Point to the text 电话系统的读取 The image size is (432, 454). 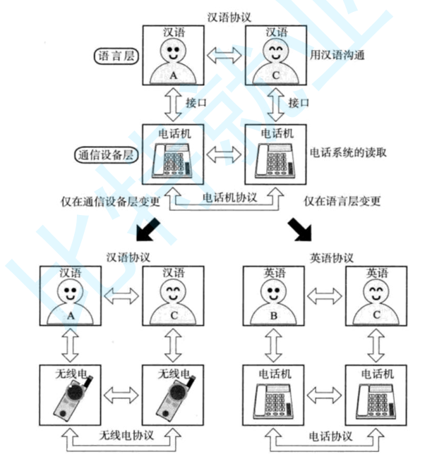(x=348, y=152)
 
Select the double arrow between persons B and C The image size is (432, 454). (x=323, y=297)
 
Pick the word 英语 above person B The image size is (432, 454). (x=272, y=273)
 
